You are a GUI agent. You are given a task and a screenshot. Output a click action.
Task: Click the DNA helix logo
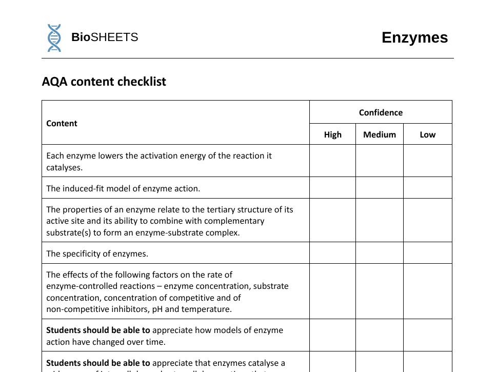click(x=54, y=37)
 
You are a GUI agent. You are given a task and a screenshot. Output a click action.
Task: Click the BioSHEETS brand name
click(x=105, y=37)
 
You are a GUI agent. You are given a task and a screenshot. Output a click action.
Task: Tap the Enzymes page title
click(x=414, y=37)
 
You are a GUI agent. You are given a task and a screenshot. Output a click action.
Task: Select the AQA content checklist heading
click(x=104, y=82)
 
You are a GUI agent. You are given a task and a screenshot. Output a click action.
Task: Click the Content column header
click(x=62, y=123)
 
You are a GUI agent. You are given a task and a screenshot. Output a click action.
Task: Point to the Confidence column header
click(x=381, y=112)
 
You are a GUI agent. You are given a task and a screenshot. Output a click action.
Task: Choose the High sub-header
click(x=332, y=134)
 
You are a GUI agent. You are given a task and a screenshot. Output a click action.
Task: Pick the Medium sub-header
click(x=380, y=134)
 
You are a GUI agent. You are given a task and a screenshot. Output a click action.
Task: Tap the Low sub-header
click(x=427, y=134)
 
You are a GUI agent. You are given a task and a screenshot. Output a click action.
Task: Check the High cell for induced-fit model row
click(x=332, y=188)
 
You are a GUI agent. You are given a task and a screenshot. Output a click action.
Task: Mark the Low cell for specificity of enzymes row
click(x=427, y=253)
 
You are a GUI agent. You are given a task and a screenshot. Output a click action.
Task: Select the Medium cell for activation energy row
click(x=380, y=161)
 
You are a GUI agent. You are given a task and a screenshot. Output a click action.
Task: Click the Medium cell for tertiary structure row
click(x=380, y=221)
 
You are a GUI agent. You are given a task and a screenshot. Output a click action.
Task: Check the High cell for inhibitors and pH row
click(x=332, y=291)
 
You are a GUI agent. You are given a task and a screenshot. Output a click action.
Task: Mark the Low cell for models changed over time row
click(x=427, y=336)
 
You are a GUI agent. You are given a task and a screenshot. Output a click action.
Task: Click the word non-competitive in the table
click(x=75, y=309)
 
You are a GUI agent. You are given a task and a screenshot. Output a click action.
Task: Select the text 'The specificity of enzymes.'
click(x=97, y=253)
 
